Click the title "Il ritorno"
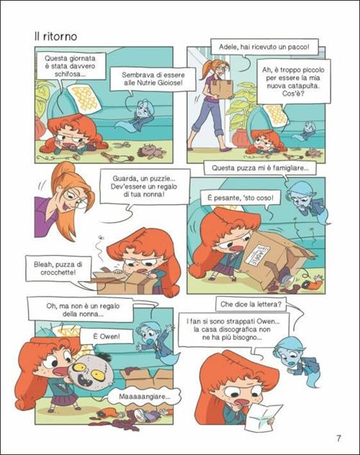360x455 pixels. (55, 37)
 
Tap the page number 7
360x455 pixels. (338, 438)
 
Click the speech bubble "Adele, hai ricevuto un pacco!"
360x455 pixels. (264, 46)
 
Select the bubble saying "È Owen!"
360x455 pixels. (107, 337)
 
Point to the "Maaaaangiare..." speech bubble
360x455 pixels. (145, 397)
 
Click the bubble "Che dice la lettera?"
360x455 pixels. (251, 304)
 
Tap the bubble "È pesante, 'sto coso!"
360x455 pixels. (240, 198)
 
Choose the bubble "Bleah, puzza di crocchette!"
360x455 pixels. (58, 269)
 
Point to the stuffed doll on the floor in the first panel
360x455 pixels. (152, 151)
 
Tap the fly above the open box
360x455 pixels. (102, 238)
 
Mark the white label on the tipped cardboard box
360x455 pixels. (258, 256)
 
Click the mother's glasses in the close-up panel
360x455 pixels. (76, 199)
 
